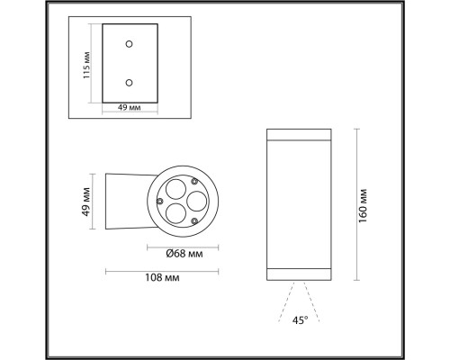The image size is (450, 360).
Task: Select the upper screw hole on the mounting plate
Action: tap(130, 43)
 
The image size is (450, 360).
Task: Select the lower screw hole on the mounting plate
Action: tap(130, 83)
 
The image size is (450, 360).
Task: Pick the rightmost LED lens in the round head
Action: tap(196, 199)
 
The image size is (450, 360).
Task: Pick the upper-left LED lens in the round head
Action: tap(175, 191)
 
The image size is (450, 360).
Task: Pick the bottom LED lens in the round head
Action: tap(178, 212)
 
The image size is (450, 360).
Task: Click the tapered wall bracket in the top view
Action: tap(126, 200)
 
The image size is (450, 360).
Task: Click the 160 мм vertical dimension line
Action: tap(357, 202)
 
